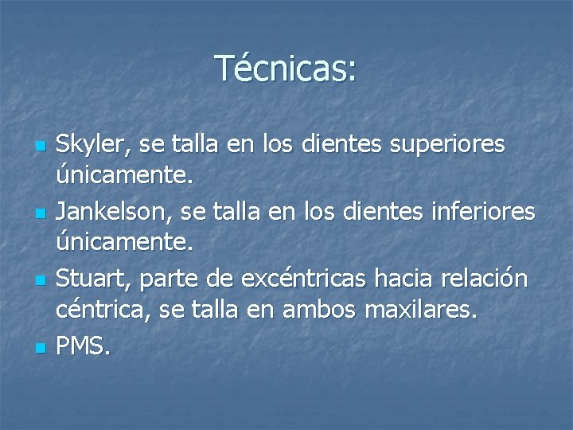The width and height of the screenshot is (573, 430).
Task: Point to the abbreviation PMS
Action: [84, 347]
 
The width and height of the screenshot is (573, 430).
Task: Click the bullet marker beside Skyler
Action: [39, 147]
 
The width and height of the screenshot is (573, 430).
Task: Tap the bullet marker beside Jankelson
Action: [39, 215]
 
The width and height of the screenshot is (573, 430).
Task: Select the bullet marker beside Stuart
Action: [39, 282]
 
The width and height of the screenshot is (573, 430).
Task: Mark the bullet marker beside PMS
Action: [39, 349]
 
